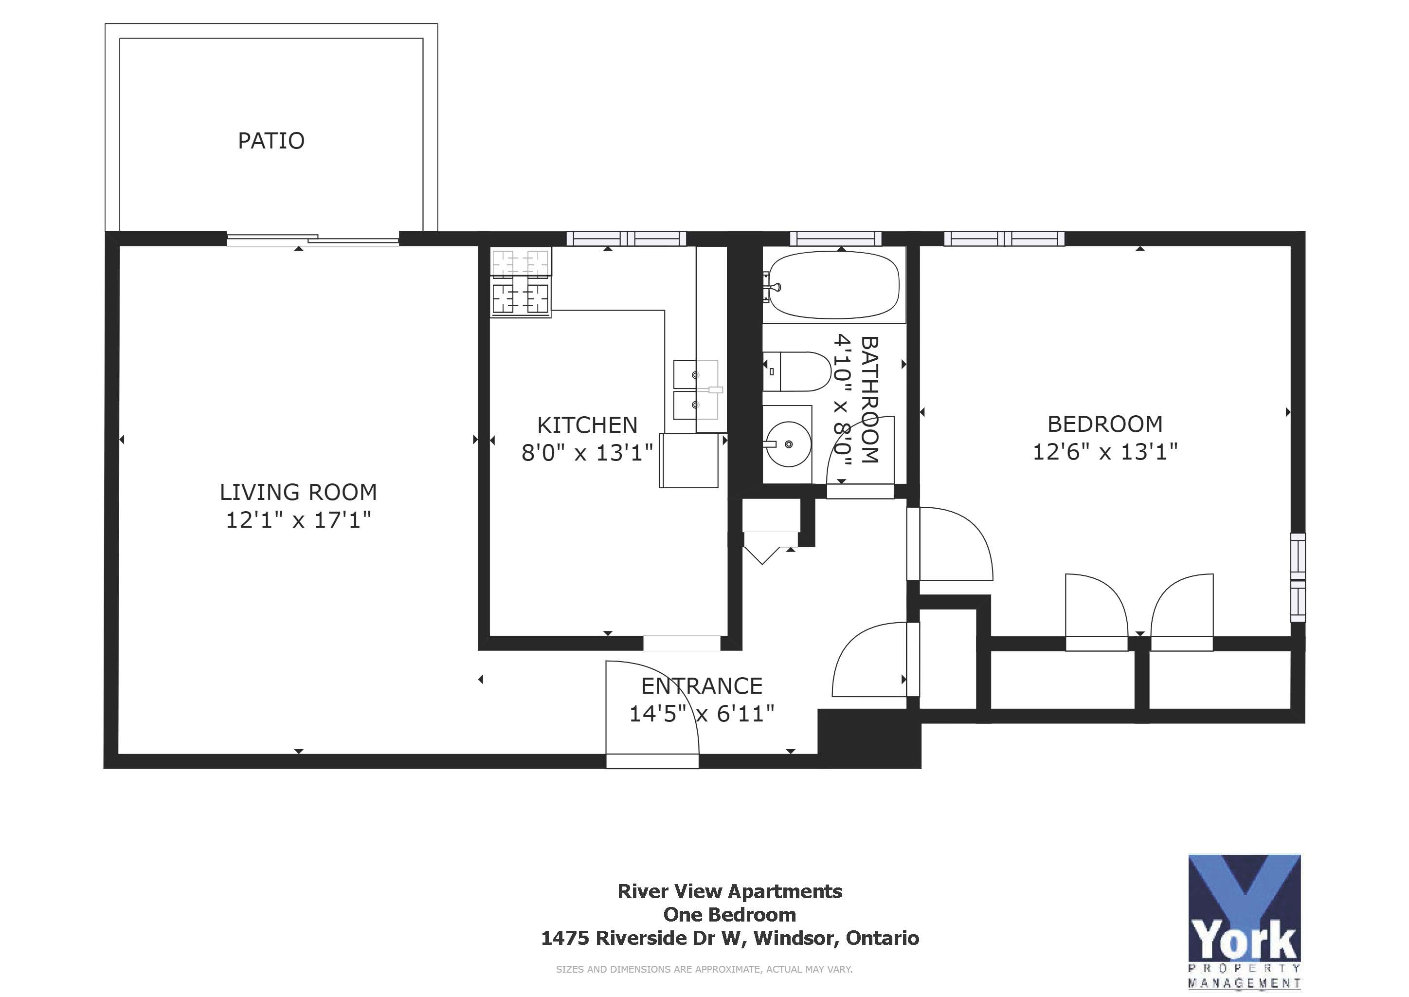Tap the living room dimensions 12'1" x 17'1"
pyautogui.click(x=298, y=520)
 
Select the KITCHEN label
pyautogui.click(x=587, y=425)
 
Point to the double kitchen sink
pyautogui.click(x=696, y=390)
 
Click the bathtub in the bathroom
pyautogui.click(x=833, y=285)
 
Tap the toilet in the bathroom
pyautogui.click(x=796, y=371)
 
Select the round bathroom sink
pyautogui.click(x=788, y=444)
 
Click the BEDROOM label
pyautogui.click(x=1104, y=424)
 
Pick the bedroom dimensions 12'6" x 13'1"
pyautogui.click(x=1104, y=452)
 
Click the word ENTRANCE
pyautogui.click(x=702, y=686)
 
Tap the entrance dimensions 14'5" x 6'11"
pyautogui.click(x=702, y=713)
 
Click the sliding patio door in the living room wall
pyautogui.click(x=313, y=239)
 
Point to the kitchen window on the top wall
pyautogui.click(x=626, y=238)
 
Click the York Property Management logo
pyautogui.click(x=1244, y=921)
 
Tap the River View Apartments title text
pyautogui.click(x=730, y=891)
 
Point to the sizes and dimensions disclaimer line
pyautogui.click(x=704, y=969)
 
